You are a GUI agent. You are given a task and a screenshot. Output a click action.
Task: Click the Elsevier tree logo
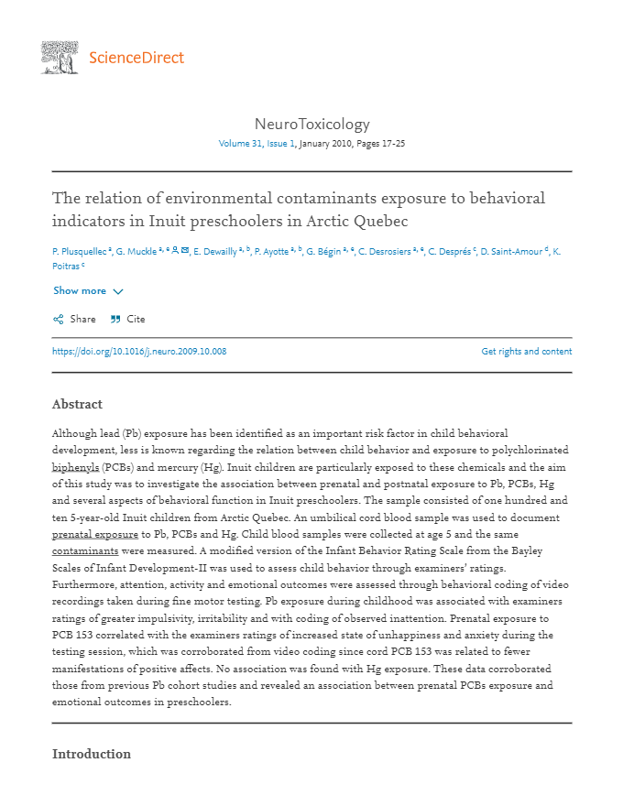point(60,58)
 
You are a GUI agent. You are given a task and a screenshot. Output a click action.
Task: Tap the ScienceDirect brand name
point(137,59)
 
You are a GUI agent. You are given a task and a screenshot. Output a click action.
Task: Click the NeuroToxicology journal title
point(311,125)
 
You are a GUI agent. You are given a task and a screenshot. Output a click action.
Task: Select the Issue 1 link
point(280,144)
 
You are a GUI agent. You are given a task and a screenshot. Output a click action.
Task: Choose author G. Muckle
point(136,250)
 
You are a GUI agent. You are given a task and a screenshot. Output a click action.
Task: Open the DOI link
point(139,352)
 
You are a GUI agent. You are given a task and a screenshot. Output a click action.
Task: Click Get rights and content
point(526,352)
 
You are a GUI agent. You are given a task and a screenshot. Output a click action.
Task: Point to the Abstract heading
point(77,404)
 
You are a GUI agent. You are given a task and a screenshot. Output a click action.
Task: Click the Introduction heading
point(92,754)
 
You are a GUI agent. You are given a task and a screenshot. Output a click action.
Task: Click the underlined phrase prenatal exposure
point(95,533)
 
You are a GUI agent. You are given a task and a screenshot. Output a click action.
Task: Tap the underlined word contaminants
point(85,550)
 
